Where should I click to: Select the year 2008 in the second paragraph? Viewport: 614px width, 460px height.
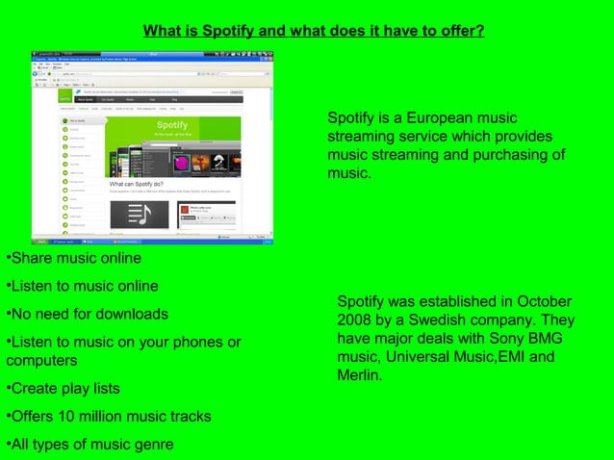[x=355, y=320]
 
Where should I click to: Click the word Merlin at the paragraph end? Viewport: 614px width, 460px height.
[x=359, y=375]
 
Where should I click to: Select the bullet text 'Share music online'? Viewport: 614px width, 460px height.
[x=76, y=259]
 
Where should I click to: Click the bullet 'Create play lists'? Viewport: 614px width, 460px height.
[x=65, y=389]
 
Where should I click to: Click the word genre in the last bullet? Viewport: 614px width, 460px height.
[x=153, y=445]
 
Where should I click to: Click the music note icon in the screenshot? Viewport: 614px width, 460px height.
[x=140, y=215]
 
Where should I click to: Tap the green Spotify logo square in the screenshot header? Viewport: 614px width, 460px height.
[x=64, y=98]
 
